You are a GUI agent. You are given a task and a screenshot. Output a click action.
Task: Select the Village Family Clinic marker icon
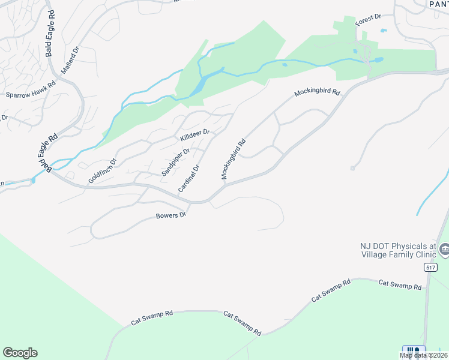(444, 248)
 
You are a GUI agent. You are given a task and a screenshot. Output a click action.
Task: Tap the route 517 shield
(429, 266)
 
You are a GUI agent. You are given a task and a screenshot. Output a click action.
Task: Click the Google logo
(20, 353)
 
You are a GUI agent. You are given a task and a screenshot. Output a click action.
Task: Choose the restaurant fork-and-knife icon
(413, 351)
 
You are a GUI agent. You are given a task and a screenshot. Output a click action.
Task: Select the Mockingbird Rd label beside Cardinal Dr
(234, 160)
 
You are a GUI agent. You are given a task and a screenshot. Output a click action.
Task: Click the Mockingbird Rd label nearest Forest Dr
(317, 94)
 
